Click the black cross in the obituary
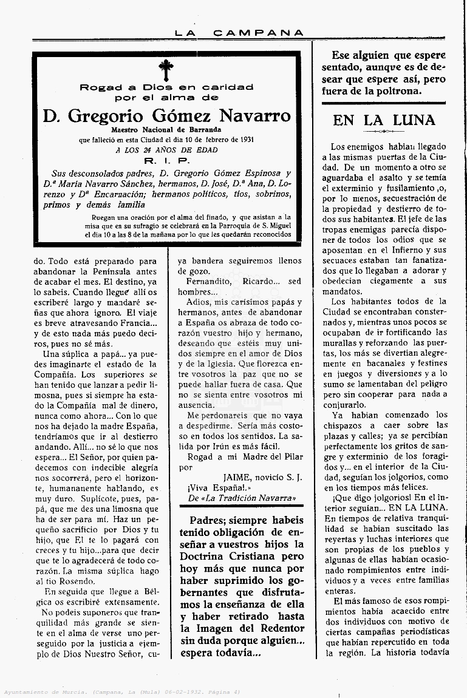point(166,70)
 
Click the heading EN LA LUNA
point(384,120)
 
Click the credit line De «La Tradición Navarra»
point(238,498)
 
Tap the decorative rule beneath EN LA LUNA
point(384,131)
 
